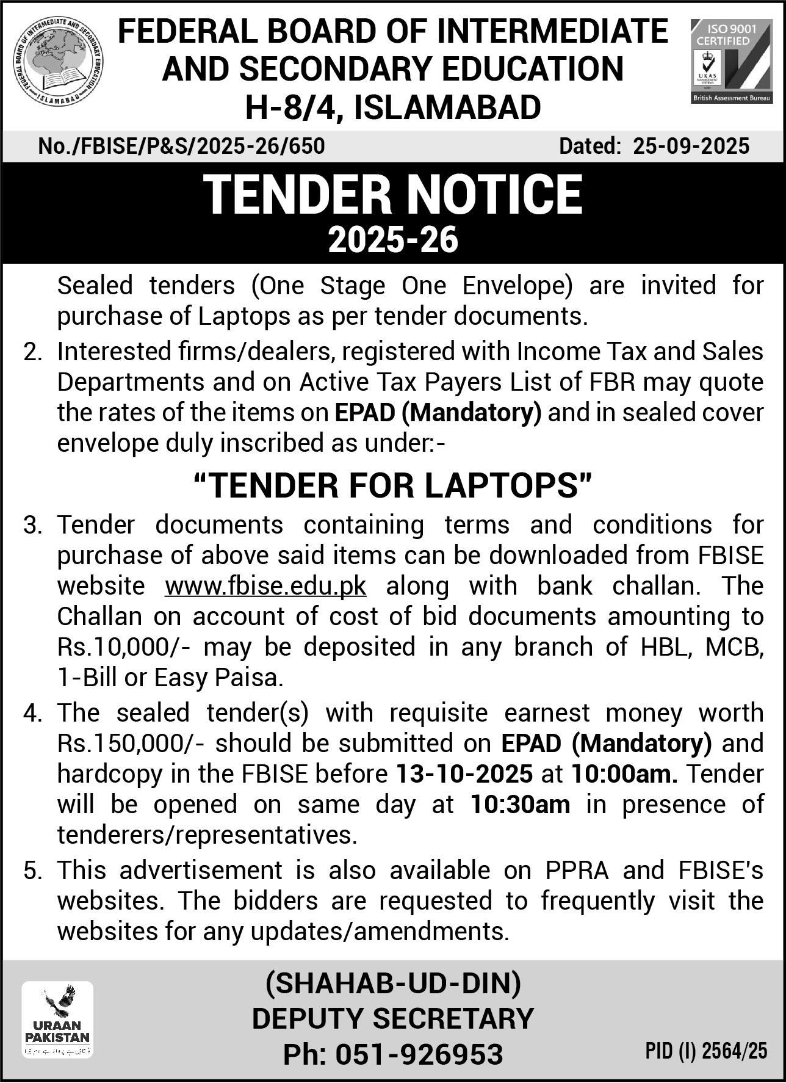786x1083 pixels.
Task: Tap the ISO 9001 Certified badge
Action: click(x=731, y=61)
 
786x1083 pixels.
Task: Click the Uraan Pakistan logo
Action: click(x=57, y=1018)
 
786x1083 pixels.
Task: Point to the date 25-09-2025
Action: click(x=691, y=147)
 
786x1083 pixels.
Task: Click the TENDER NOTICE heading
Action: click(x=392, y=195)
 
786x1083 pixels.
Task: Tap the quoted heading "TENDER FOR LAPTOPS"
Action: click(x=392, y=485)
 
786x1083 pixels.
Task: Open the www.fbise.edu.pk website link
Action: click(x=265, y=586)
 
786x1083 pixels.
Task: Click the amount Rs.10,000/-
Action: click(x=124, y=647)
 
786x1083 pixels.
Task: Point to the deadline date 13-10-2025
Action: click(x=464, y=774)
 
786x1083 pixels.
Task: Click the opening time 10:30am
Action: click(x=520, y=805)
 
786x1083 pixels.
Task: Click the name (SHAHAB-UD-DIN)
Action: click(x=392, y=983)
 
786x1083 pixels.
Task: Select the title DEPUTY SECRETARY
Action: click(x=392, y=1018)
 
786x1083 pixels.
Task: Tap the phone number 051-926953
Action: click(x=419, y=1054)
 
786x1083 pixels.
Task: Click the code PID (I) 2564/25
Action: click(x=706, y=1051)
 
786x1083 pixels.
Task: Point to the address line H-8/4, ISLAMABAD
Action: click(x=392, y=107)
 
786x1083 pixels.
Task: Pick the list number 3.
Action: click(x=32, y=526)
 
